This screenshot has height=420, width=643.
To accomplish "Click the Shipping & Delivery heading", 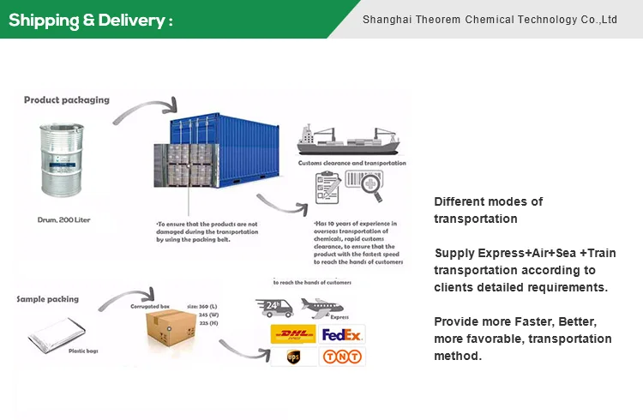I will tap(90, 20).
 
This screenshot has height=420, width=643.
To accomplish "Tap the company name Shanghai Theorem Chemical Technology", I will tap(490, 19).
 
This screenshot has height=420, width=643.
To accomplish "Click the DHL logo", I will tap(292, 333).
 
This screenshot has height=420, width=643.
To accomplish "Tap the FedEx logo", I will tap(342, 333).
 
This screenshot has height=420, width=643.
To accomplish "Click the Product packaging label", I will tap(67, 100).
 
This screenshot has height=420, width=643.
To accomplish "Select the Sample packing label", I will tap(48, 299).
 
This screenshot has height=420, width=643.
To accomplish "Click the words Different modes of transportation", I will tap(488, 210).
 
